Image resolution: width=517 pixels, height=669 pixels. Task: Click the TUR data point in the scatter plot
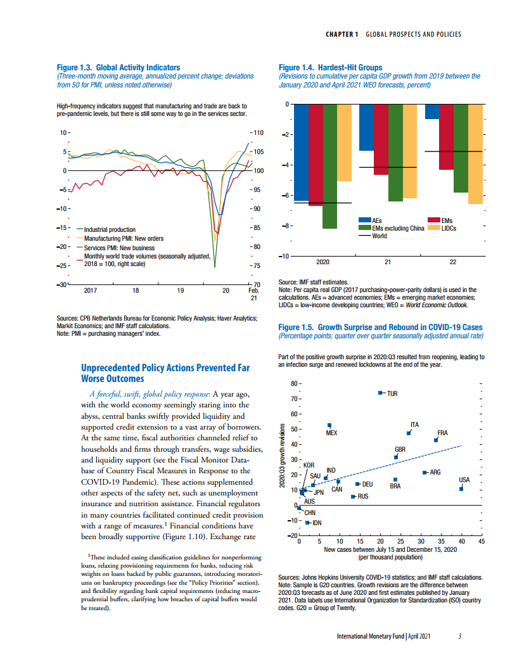pyautogui.click(x=380, y=393)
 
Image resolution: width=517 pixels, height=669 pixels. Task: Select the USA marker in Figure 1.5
pyautogui.click(x=461, y=488)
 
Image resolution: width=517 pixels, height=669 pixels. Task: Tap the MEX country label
pyautogui.click(x=331, y=433)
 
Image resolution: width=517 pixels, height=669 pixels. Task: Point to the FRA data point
pyautogui.click(x=436, y=440)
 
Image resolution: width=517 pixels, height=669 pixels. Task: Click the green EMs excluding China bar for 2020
pyautogui.click(x=329, y=166)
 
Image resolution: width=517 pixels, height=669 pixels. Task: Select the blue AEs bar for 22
pyautogui.click(x=431, y=111)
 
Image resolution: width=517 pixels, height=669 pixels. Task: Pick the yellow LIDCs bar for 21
pyautogui.click(x=409, y=151)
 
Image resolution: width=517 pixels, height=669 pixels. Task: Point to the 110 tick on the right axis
pyautogui.click(x=257, y=133)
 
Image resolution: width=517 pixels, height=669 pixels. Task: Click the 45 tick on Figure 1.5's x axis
pyautogui.click(x=482, y=542)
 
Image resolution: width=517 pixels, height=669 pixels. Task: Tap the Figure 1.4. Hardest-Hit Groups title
pyautogui.click(x=331, y=68)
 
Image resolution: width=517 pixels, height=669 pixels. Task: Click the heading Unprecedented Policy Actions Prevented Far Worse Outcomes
pyautogui.click(x=165, y=373)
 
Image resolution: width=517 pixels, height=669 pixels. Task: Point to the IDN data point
pyautogui.click(x=307, y=523)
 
